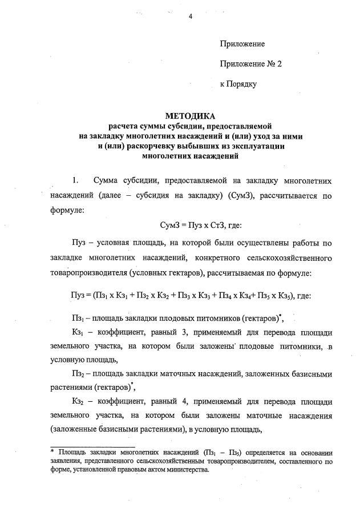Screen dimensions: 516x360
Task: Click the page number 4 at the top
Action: pyautogui.click(x=191, y=16)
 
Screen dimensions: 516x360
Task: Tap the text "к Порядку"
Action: pyautogui.click(x=238, y=84)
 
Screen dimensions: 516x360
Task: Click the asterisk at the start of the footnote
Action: pyautogui.click(x=53, y=451)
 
